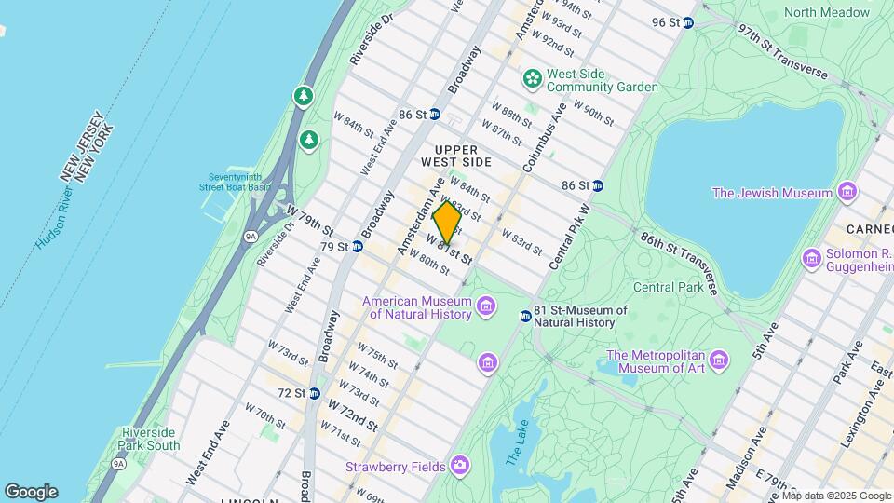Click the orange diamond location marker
tap(446, 223)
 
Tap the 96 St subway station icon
tap(687, 22)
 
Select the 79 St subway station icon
tap(356, 247)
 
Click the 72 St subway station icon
tap(315, 393)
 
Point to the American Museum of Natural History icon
tap(485, 306)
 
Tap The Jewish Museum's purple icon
tap(847, 193)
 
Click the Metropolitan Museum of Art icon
tap(718, 360)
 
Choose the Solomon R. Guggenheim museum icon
tap(812, 257)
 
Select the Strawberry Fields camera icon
tap(459, 465)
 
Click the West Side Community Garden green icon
tap(532, 79)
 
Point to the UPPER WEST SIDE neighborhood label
tap(455, 156)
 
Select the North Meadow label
tap(826, 12)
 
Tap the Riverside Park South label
tap(149, 439)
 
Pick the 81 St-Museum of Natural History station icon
tap(525, 316)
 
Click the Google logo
tap(31, 491)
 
